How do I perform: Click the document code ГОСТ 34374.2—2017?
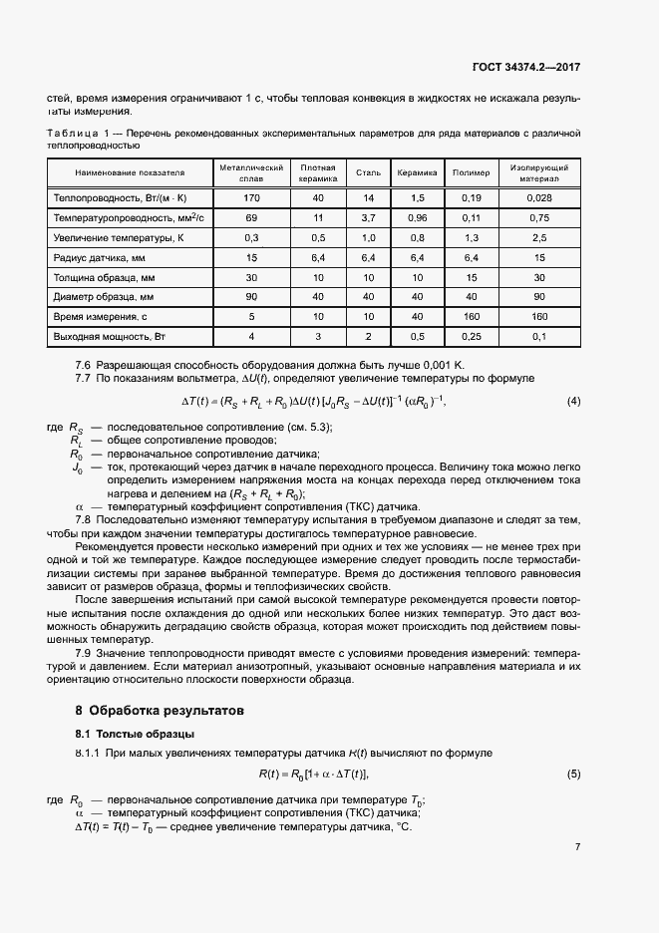(527, 68)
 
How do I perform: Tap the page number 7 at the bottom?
(577, 847)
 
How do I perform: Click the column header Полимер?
(472, 173)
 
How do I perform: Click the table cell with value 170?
(251, 199)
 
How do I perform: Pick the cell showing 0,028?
(539, 199)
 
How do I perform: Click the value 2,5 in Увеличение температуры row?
(539, 238)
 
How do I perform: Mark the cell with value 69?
(251, 218)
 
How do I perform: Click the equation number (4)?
(573, 402)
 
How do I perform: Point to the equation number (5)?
(573, 775)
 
